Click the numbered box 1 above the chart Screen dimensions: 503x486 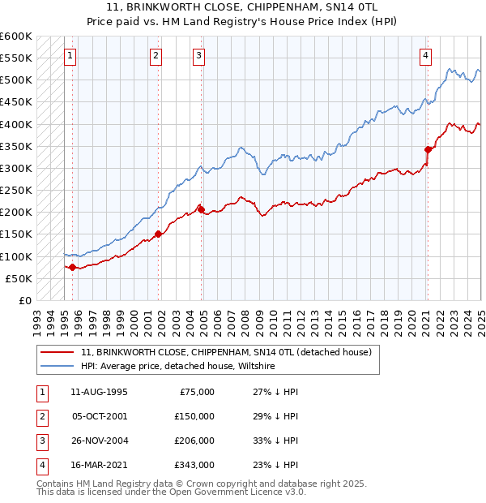70,56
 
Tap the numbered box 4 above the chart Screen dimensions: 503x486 425,56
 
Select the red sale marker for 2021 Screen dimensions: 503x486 427,149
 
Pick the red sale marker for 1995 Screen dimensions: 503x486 72,267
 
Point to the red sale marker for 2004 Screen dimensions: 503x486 201,209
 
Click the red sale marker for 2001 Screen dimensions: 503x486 158,234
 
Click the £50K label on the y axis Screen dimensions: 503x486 19,278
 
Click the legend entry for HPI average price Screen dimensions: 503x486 178,366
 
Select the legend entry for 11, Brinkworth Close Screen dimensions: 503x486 226,352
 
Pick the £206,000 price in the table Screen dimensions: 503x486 194,441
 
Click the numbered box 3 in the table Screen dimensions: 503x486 41,441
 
